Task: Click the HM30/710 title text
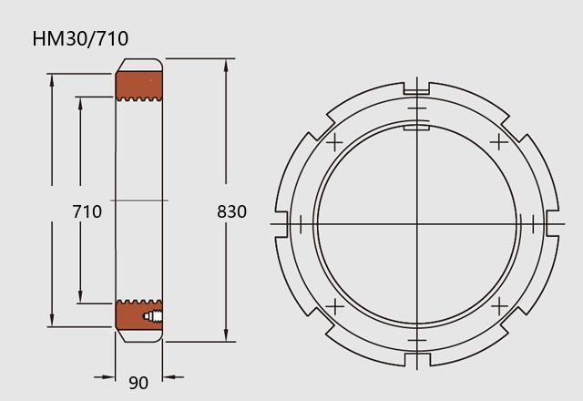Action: point(80,38)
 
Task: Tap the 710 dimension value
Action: point(87,211)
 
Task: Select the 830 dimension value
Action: point(231,211)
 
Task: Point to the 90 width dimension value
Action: point(138,383)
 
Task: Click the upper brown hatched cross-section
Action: point(139,86)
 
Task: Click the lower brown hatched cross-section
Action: point(139,314)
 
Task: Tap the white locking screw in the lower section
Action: point(153,316)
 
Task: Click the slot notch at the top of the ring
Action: point(416,88)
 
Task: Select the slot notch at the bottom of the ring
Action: point(417,359)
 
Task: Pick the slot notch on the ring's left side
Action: point(281,224)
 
